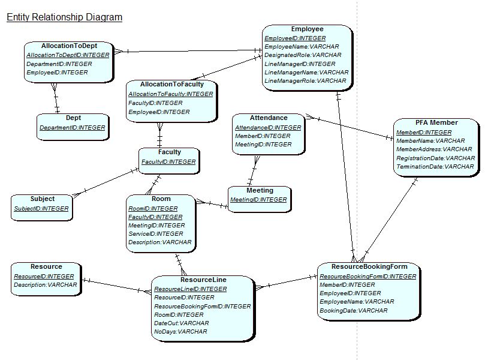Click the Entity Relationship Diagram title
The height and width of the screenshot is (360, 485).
coord(64,17)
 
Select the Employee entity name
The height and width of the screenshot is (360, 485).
coord(307,29)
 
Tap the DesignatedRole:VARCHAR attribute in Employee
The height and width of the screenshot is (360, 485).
coord(303,55)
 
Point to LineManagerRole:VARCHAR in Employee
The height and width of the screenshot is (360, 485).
coord(305,81)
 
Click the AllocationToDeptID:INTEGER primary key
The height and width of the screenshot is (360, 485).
coord(68,55)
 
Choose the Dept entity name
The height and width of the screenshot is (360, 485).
coord(73,118)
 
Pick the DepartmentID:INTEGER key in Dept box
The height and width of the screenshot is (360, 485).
coord(72,128)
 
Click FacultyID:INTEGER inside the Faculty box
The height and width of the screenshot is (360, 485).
coord(168,162)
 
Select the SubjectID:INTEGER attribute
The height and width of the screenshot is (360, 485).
coord(41,209)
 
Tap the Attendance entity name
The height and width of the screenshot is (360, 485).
coord(269,118)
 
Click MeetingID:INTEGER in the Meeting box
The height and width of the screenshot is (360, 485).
coord(258,200)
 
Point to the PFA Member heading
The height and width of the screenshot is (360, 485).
coord(436,122)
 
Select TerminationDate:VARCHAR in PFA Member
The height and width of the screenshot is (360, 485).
coord(435,167)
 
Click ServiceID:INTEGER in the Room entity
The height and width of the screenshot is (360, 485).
coord(156,234)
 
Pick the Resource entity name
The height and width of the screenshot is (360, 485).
coord(46,267)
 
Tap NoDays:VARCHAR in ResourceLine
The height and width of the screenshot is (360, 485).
coord(180,332)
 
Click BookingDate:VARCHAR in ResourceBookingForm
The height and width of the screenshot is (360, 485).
coord(353,310)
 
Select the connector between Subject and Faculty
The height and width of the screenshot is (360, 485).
coord(106,182)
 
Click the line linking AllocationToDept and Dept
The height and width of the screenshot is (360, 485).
coord(55,98)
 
